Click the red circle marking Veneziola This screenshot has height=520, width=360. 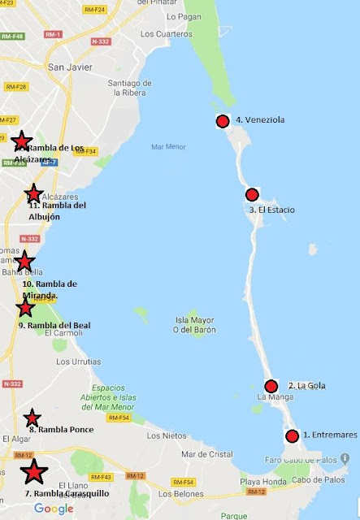tap(222, 122)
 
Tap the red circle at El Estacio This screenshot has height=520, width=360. tap(252, 194)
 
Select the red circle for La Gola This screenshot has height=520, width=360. tap(271, 386)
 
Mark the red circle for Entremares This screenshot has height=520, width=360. tap(292, 436)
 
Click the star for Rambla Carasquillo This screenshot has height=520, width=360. tap(33, 472)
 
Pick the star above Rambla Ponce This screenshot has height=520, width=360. tap(32, 418)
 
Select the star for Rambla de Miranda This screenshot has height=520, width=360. tap(24, 262)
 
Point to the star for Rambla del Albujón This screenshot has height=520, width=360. tap(33, 193)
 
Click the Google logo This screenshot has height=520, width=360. tap(54, 509)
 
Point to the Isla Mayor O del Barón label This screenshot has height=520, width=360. tap(193, 324)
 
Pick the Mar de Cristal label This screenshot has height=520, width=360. tap(206, 454)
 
